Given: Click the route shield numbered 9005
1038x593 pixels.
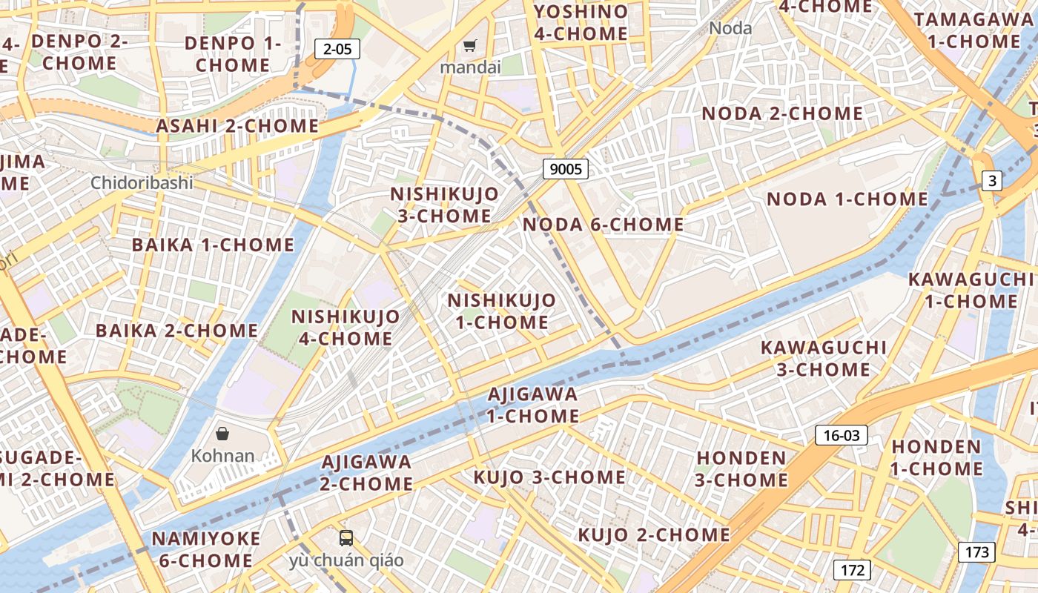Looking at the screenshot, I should tap(566, 169).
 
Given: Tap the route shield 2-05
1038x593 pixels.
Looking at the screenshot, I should tap(337, 49).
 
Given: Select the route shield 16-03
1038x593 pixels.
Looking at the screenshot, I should tap(842, 435).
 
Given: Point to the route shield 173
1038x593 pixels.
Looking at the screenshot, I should tap(976, 551).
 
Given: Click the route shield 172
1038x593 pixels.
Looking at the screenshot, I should tap(853, 569).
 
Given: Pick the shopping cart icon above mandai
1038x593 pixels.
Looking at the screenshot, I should tap(469, 47).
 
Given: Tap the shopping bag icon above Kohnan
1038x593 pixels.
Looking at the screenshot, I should tap(222, 434).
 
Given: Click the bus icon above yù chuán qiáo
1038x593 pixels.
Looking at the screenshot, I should tap(346, 538).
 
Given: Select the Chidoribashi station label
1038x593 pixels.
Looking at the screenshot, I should tap(142, 182).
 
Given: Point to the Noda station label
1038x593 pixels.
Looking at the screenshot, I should tap(730, 28).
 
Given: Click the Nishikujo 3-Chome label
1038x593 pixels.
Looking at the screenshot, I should tap(445, 205).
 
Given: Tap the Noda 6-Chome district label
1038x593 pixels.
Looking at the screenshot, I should tap(604, 225).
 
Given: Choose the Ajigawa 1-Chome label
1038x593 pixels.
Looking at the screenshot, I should tap(532, 405).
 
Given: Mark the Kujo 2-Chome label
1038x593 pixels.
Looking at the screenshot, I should tap(654, 534).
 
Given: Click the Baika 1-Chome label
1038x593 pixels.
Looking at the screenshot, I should tap(213, 245).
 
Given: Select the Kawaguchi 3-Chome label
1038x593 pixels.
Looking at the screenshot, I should tap(824, 358).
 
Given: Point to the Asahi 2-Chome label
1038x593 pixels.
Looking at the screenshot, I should tap(237, 126).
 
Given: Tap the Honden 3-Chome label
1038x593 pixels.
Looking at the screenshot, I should tap(741, 468).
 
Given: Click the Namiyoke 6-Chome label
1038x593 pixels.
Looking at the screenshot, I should tap(206, 549).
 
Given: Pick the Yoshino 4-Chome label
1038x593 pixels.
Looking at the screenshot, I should tap(581, 22).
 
